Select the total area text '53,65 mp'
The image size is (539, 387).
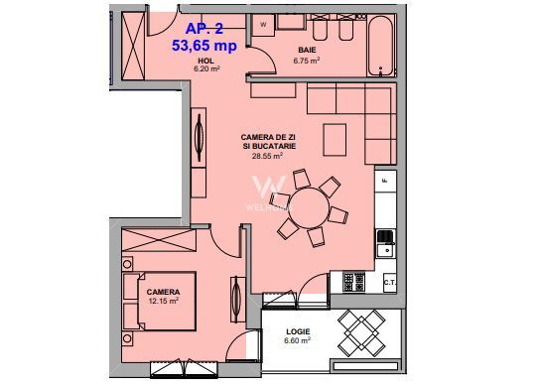pyautogui.click(x=204, y=46)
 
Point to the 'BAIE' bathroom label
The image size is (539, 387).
pyautogui.click(x=307, y=49)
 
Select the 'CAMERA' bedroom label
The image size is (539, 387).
pyautogui.click(x=164, y=291)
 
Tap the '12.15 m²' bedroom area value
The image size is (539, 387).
pyautogui.click(x=164, y=301)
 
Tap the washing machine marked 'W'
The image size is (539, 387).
pyautogui.click(x=263, y=24)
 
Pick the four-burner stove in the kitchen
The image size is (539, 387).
pyautogui.click(x=348, y=281)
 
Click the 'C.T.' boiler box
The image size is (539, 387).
pyautogui.click(x=389, y=283)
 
